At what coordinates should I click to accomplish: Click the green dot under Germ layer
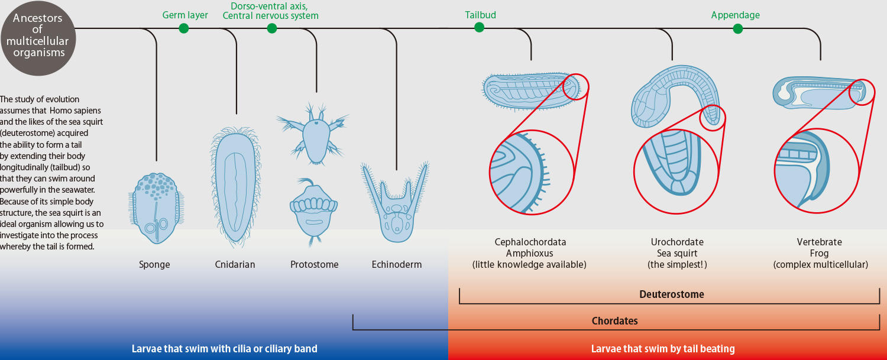(x=183, y=28)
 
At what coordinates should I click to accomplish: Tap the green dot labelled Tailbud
(x=479, y=27)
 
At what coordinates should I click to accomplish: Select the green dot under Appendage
(x=738, y=28)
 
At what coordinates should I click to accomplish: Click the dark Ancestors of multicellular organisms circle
(x=38, y=38)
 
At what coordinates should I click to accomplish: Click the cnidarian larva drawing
(x=235, y=187)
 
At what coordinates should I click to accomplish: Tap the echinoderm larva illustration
(x=396, y=203)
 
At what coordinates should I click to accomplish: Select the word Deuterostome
(x=672, y=294)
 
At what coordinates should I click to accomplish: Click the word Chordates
(x=614, y=321)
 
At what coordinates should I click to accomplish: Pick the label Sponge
(x=154, y=265)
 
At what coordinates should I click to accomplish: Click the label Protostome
(x=315, y=265)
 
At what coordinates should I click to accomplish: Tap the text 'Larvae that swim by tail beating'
(x=663, y=349)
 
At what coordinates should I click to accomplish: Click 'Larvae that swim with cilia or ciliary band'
(x=225, y=349)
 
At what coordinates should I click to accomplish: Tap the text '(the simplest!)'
(x=677, y=265)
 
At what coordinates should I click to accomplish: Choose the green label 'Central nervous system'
(x=270, y=16)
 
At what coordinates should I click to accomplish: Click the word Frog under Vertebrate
(x=819, y=254)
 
